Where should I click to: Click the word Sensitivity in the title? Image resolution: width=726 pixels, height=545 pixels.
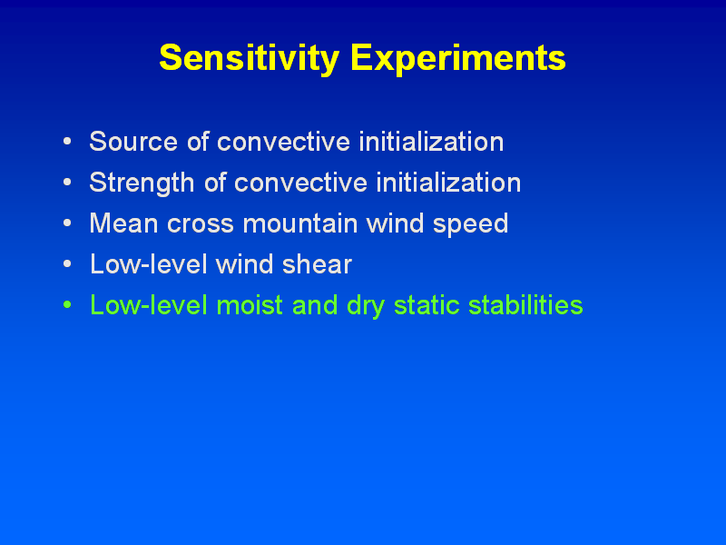click(x=250, y=58)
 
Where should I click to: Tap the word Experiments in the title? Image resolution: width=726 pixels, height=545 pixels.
click(x=458, y=58)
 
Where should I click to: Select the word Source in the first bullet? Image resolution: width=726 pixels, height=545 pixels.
click(x=133, y=142)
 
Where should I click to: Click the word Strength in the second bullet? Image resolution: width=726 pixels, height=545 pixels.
click(x=142, y=183)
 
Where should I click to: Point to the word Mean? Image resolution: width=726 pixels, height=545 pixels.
click(x=123, y=223)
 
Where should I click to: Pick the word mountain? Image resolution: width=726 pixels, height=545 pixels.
click(x=300, y=223)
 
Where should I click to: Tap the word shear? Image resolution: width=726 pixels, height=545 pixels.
click(x=317, y=264)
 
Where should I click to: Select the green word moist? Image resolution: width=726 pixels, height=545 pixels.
click(x=250, y=305)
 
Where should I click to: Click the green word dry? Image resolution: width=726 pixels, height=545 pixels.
click(x=366, y=307)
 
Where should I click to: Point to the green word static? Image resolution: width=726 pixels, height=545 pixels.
click(x=427, y=305)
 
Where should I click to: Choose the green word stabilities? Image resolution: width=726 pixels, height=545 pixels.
click(x=525, y=305)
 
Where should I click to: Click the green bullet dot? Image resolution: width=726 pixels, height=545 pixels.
click(x=67, y=305)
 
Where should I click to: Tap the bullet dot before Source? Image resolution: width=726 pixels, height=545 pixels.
click(x=67, y=141)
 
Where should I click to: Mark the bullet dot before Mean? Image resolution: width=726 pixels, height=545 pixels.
click(x=67, y=223)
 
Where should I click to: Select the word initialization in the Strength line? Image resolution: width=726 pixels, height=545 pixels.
click(x=448, y=183)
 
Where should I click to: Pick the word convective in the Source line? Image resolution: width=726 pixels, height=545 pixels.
click(x=283, y=143)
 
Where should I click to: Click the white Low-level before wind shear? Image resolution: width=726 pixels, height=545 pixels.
click(x=148, y=264)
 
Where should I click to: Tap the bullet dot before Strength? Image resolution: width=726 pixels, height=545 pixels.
click(x=67, y=183)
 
